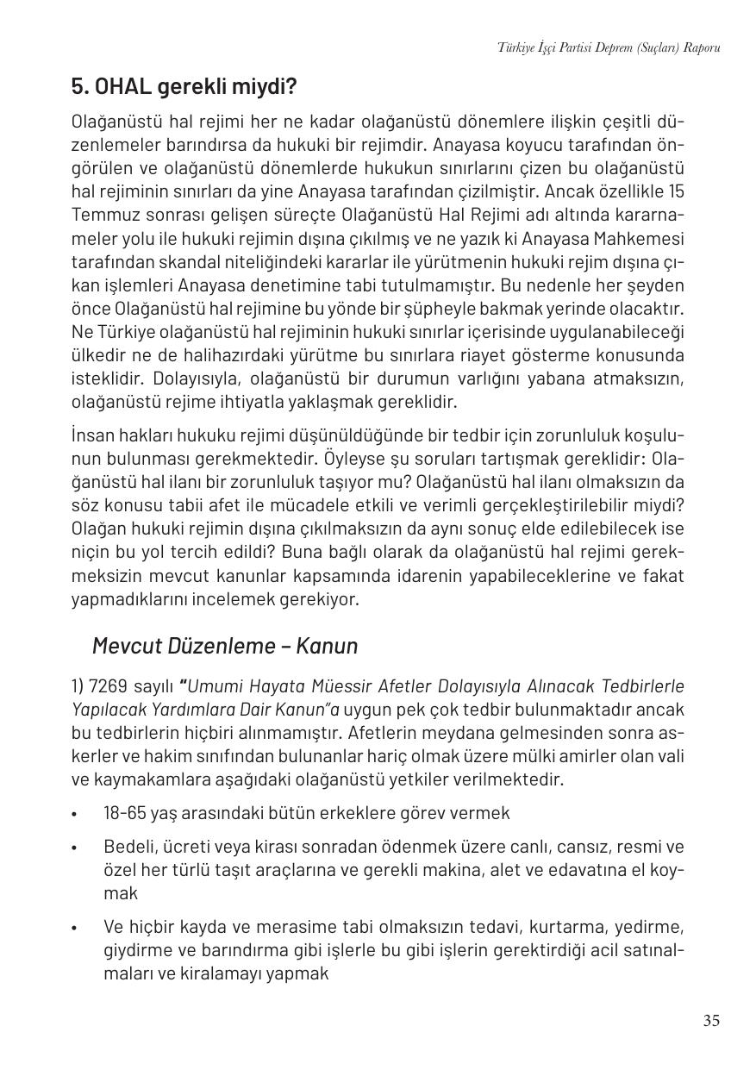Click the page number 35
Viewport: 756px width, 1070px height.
[710, 1021]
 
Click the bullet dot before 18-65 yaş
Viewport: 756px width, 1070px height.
[75, 814]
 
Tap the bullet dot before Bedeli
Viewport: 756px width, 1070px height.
[75, 848]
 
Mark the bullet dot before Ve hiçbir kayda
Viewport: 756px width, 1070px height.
[75, 929]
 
